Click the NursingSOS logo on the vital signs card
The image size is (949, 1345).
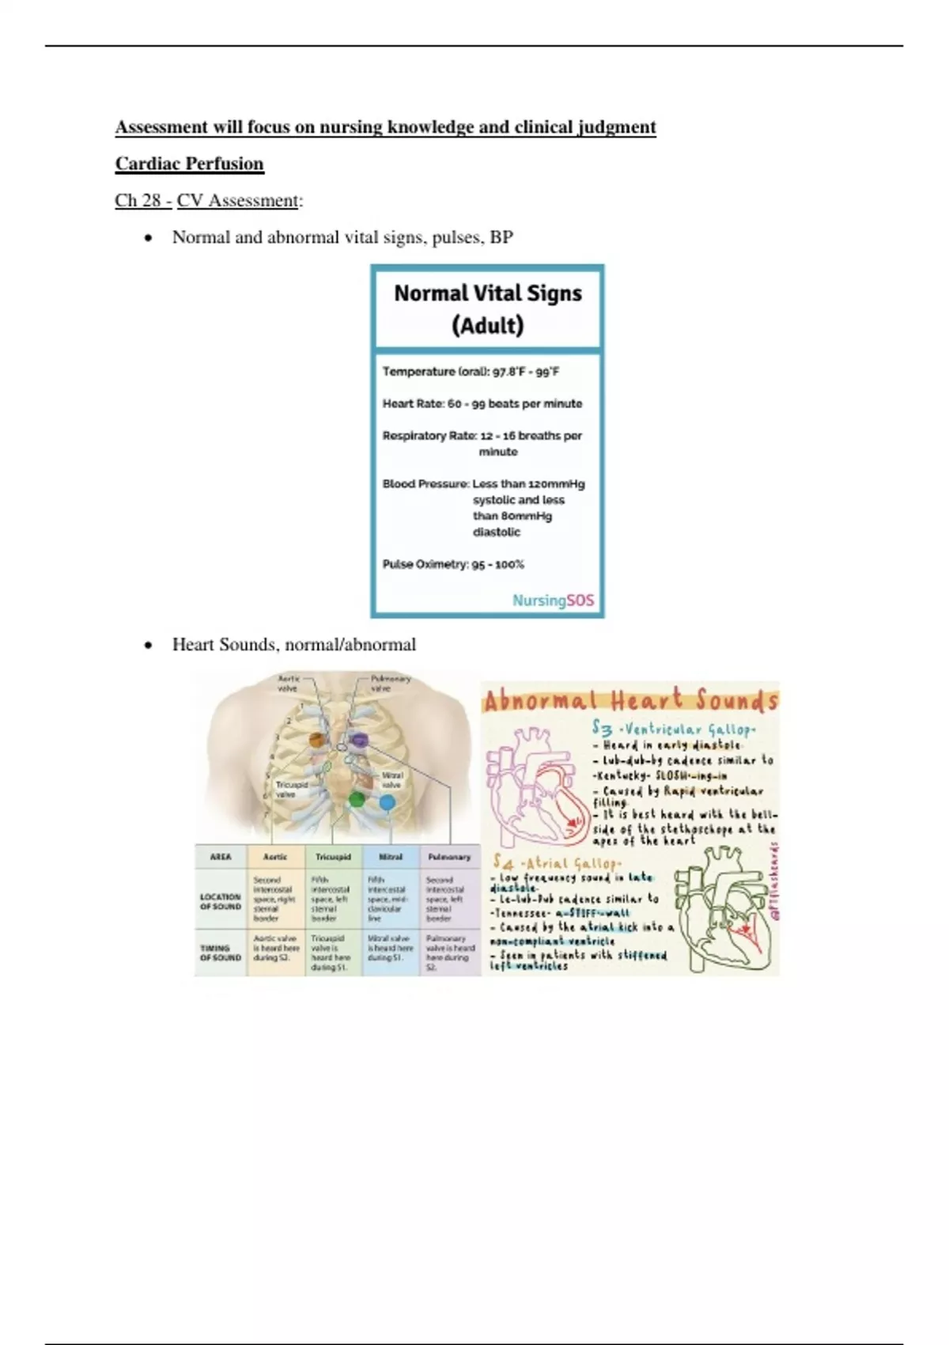click(553, 601)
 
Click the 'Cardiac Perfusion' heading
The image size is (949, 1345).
click(189, 164)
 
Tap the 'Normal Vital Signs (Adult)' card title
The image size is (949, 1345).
click(487, 309)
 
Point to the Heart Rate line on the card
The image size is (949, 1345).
click(482, 403)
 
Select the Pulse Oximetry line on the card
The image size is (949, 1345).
click(453, 564)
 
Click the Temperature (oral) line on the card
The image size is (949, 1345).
click(471, 371)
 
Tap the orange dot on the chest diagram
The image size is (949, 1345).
click(317, 741)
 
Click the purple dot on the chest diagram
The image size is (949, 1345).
click(360, 741)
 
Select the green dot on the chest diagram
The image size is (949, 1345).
click(357, 799)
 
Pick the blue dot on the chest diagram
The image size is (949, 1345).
click(387, 802)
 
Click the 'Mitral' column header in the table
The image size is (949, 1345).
click(391, 857)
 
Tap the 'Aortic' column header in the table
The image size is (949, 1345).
click(275, 857)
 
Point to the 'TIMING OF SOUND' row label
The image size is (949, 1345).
click(220, 953)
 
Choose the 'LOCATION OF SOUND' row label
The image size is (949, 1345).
click(220, 901)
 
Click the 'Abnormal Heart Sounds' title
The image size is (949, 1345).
click(630, 701)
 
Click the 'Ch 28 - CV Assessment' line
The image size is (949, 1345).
click(207, 201)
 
